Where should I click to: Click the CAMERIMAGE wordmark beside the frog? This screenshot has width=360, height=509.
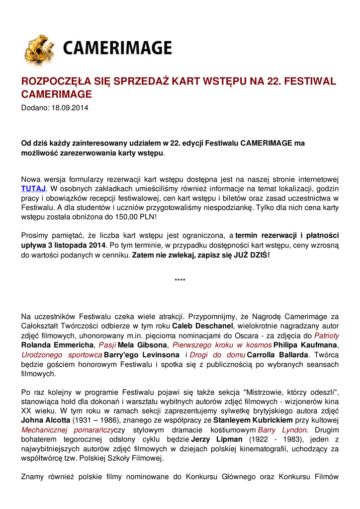pyautogui.click(x=117, y=48)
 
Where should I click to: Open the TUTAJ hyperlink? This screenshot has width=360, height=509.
pyautogui.click(x=33, y=188)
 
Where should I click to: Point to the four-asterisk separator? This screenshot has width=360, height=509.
pyautogui.click(x=180, y=281)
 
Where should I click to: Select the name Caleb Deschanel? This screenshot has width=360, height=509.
pyautogui.click(x=202, y=326)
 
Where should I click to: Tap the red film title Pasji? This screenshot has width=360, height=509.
pyautogui.click(x=107, y=345)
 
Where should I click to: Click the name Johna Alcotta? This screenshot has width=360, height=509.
pyautogui.click(x=46, y=421)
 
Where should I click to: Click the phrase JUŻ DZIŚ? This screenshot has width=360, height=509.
pyautogui.click(x=252, y=255)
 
